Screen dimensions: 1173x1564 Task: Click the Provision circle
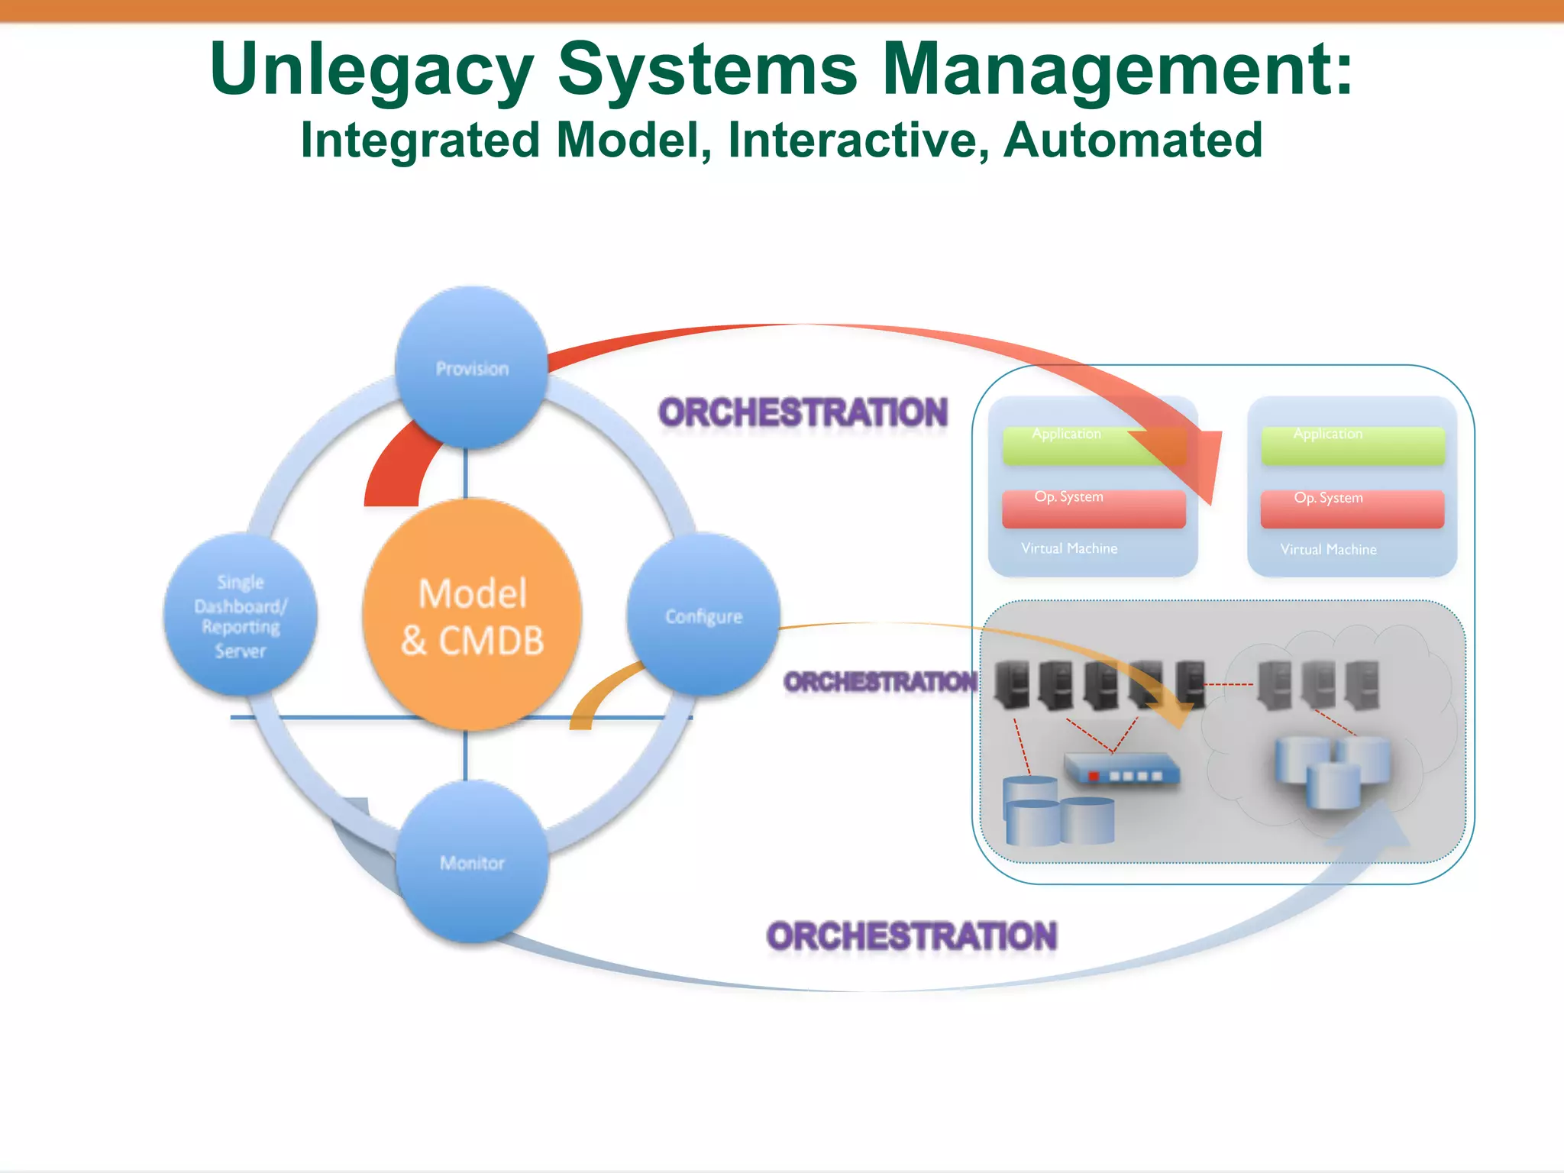tap(472, 367)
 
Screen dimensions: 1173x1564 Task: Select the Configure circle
tap(703, 616)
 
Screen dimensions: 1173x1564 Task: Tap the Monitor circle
tap(472, 862)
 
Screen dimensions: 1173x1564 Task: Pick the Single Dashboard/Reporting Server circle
tap(241, 616)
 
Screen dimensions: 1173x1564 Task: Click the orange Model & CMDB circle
tap(472, 615)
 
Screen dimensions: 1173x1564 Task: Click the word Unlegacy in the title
tap(371, 70)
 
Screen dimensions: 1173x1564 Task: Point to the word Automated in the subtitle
tap(1133, 141)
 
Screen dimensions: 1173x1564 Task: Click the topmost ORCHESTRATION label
tap(803, 413)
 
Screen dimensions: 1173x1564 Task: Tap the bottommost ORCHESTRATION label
tap(911, 936)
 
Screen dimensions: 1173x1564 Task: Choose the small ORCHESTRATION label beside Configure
tap(880, 681)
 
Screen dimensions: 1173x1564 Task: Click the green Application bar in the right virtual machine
tap(1352, 446)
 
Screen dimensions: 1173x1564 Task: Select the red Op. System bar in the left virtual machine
tap(1093, 509)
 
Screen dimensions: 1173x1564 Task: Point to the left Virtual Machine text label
tap(1069, 548)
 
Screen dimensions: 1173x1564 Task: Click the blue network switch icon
tap(1122, 770)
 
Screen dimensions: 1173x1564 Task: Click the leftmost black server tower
tap(1012, 684)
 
